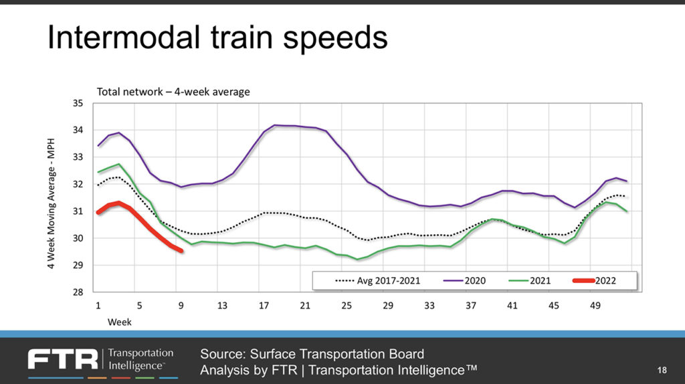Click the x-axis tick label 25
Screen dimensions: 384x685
coord(347,306)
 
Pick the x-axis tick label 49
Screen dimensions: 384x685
coord(595,306)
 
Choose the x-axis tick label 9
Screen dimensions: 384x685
coord(181,306)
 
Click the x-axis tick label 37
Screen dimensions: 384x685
coord(471,306)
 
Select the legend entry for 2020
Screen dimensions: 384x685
coord(468,281)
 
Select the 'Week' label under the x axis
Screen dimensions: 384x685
coord(120,322)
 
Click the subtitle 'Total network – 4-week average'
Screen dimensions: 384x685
coord(173,92)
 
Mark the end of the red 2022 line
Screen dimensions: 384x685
coord(181,251)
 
